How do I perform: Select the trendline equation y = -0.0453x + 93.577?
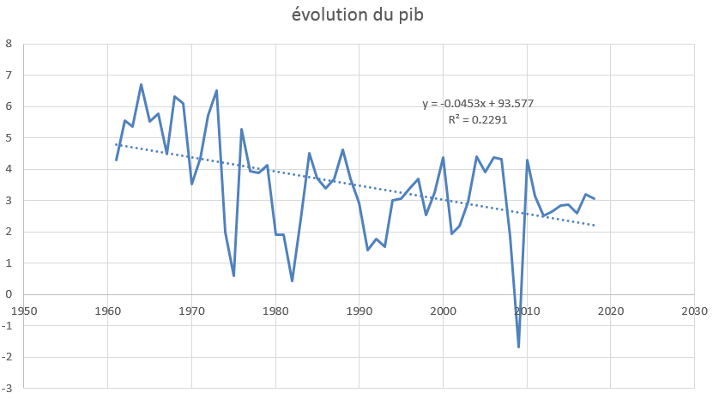pyautogui.click(x=478, y=104)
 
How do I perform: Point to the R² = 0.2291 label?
pyautogui.click(x=478, y=120)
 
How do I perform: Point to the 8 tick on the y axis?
pyautogui.click(x=9, y=44)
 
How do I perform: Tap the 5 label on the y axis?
pyautogui.click(x=9, y=138)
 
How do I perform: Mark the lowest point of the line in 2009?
pyautogui.click(x=519, y=347)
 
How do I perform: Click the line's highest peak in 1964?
pyautogui.click(x=142, y=84)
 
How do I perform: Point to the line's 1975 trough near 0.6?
pyautogui.click(x=233, y=275)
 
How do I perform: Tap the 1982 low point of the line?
pyautogui.click(x=293, y=281)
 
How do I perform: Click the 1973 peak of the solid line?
pyautogui.click(x=216, y=90)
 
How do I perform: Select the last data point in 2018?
pyautogui.click(x=595, y=199)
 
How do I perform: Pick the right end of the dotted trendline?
pyautogui.click(x=595, y=226)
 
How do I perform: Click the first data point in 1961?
pyautogui.click(x=116, y=160)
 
